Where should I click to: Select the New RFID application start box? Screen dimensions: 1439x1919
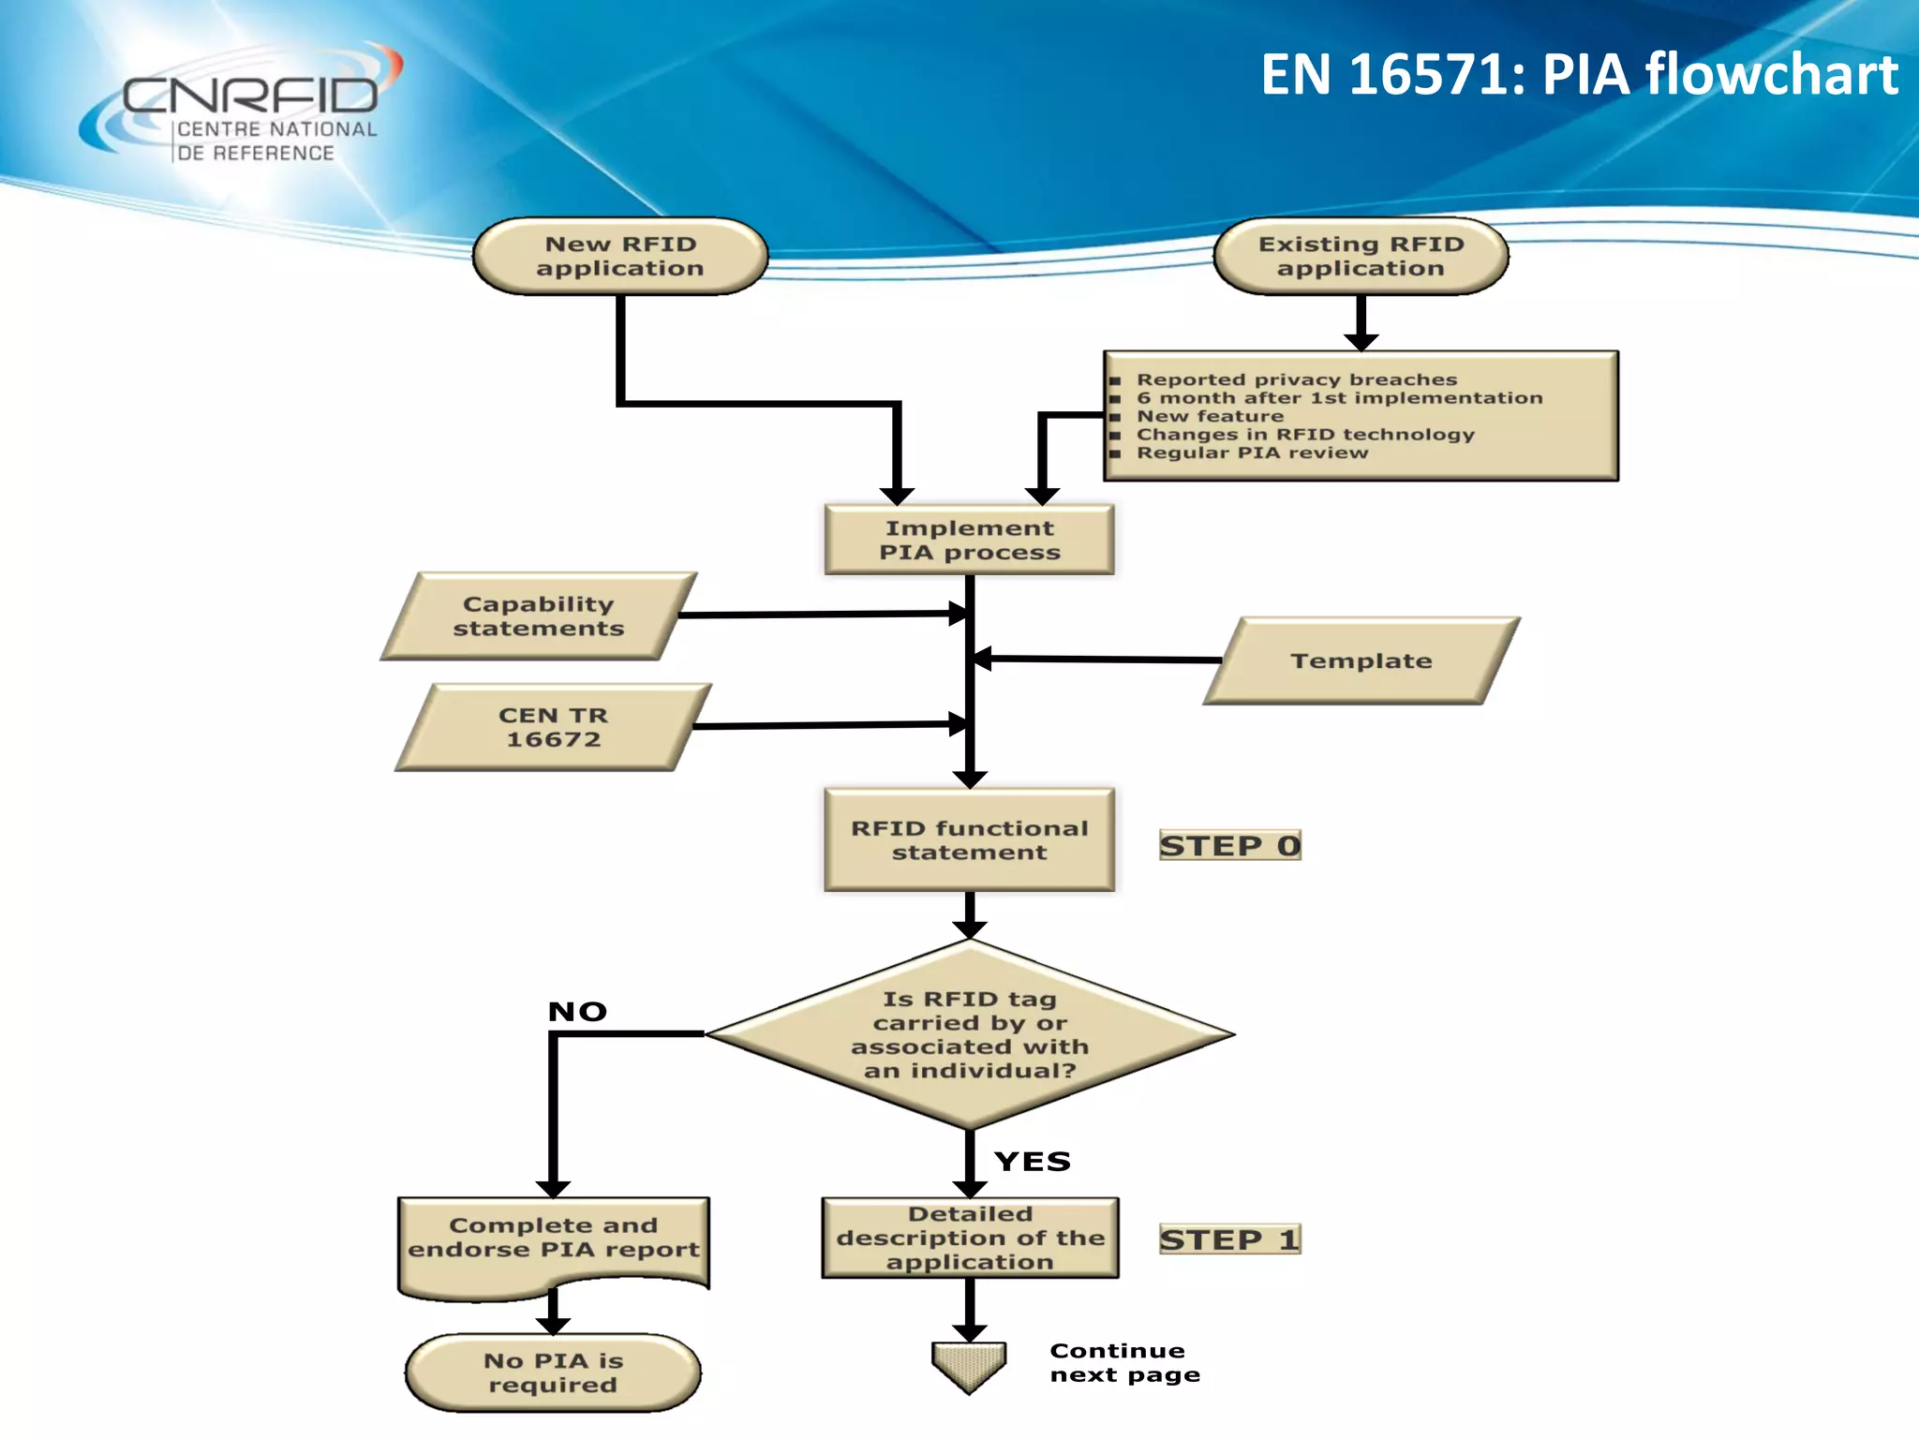click(620, 257)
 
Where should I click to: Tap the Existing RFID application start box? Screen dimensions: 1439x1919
click(1361, 257)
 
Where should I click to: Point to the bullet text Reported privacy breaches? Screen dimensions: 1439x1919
click(1297, 379)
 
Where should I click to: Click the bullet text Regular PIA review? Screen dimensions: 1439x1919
click(1252, 452)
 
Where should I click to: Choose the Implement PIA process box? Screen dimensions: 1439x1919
click(970, 541)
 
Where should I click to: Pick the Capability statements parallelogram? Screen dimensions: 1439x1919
click(539, 616)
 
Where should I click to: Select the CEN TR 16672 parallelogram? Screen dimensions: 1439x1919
click(553, 728)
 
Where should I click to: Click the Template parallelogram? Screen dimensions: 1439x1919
click(1361, 661)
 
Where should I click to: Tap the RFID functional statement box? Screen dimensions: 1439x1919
click(970, 840)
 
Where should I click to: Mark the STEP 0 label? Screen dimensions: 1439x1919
click(1229, 846)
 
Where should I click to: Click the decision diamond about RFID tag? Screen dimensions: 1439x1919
click(970, 1034)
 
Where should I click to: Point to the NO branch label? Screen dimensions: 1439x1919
click(577, 1012)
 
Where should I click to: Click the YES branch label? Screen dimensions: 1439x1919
click(1033, 1162)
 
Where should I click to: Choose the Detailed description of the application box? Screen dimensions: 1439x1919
click(970, 1239)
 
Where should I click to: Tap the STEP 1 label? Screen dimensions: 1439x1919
click(1229, 1240)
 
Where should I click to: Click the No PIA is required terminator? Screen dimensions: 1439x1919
click(553, 1373)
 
